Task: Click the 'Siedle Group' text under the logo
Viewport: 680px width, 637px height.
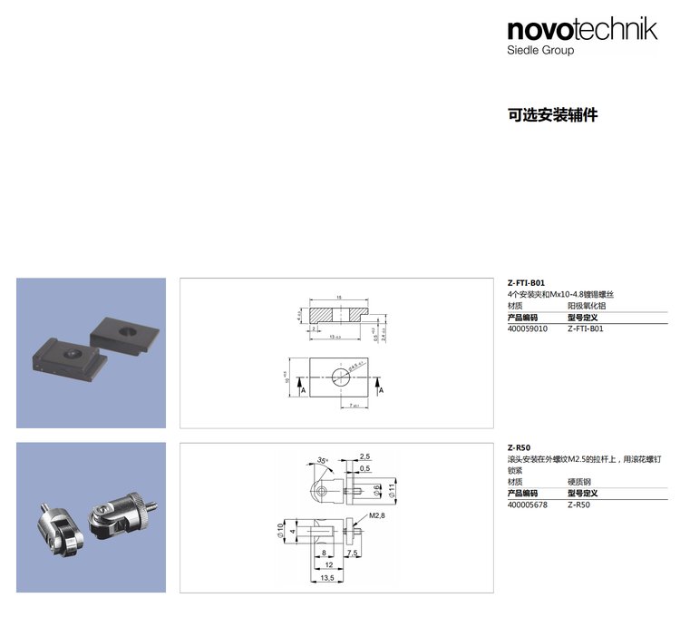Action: click(x=540, y=51)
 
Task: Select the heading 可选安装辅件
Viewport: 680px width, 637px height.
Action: click(x=552, y=115)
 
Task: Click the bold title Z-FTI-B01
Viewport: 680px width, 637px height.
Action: click(x=526, y=283)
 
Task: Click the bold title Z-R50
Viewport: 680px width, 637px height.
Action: click(x=519, y=447)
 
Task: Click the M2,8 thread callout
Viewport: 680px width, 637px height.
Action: click(x=376, y=515)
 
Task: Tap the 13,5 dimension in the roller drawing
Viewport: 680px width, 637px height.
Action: click(x=326, y=577)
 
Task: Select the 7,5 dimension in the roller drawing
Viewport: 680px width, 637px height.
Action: click(x=353, y=553)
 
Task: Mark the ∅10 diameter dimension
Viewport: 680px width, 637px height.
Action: click(x=280, y=529)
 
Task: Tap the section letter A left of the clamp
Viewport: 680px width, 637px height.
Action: click(x=302, y=389)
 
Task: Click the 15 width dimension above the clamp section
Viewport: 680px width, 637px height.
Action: click(x=337, y=297)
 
